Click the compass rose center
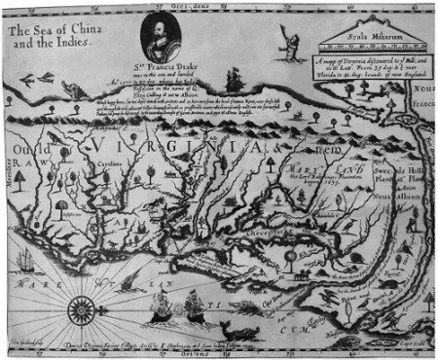coord(78,311)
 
